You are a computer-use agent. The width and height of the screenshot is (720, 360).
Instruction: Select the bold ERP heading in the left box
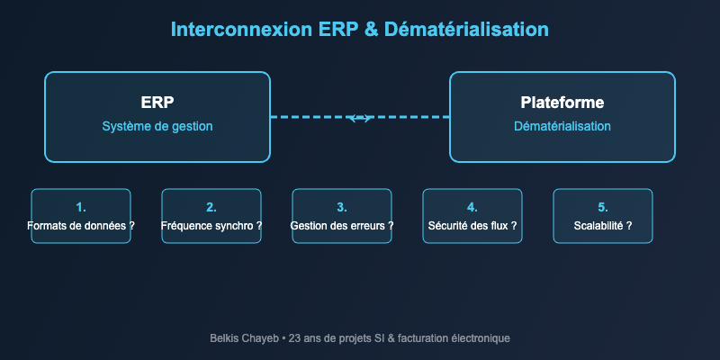coord(157,102)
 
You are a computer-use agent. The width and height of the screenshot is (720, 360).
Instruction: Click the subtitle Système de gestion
coord(157,126)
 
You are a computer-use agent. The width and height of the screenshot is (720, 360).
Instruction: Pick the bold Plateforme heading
coord(562,102)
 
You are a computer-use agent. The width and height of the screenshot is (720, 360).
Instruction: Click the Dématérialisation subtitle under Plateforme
coord(562,126)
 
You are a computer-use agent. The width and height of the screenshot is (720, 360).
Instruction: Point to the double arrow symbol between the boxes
coord(360,118)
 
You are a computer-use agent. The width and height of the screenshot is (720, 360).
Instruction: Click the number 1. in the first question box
coord(81,206)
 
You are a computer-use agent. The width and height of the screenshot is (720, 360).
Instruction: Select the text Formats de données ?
coord(81,226)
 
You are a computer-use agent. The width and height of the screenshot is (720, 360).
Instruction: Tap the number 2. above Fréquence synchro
coord(211,206)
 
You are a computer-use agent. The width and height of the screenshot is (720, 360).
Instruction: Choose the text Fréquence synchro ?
coord(211,226)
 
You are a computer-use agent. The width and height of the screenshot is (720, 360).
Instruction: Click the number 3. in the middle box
coord(342,206)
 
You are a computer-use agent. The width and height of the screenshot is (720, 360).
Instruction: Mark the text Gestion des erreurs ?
coord(342,226)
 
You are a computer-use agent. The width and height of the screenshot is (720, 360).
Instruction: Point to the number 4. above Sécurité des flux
coord(472,206)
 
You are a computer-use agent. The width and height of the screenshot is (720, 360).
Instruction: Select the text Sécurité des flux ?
coord(472,226)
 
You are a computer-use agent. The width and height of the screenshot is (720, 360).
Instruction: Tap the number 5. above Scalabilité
coord(603,206)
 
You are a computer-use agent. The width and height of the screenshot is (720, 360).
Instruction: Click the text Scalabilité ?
coord(603,226)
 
